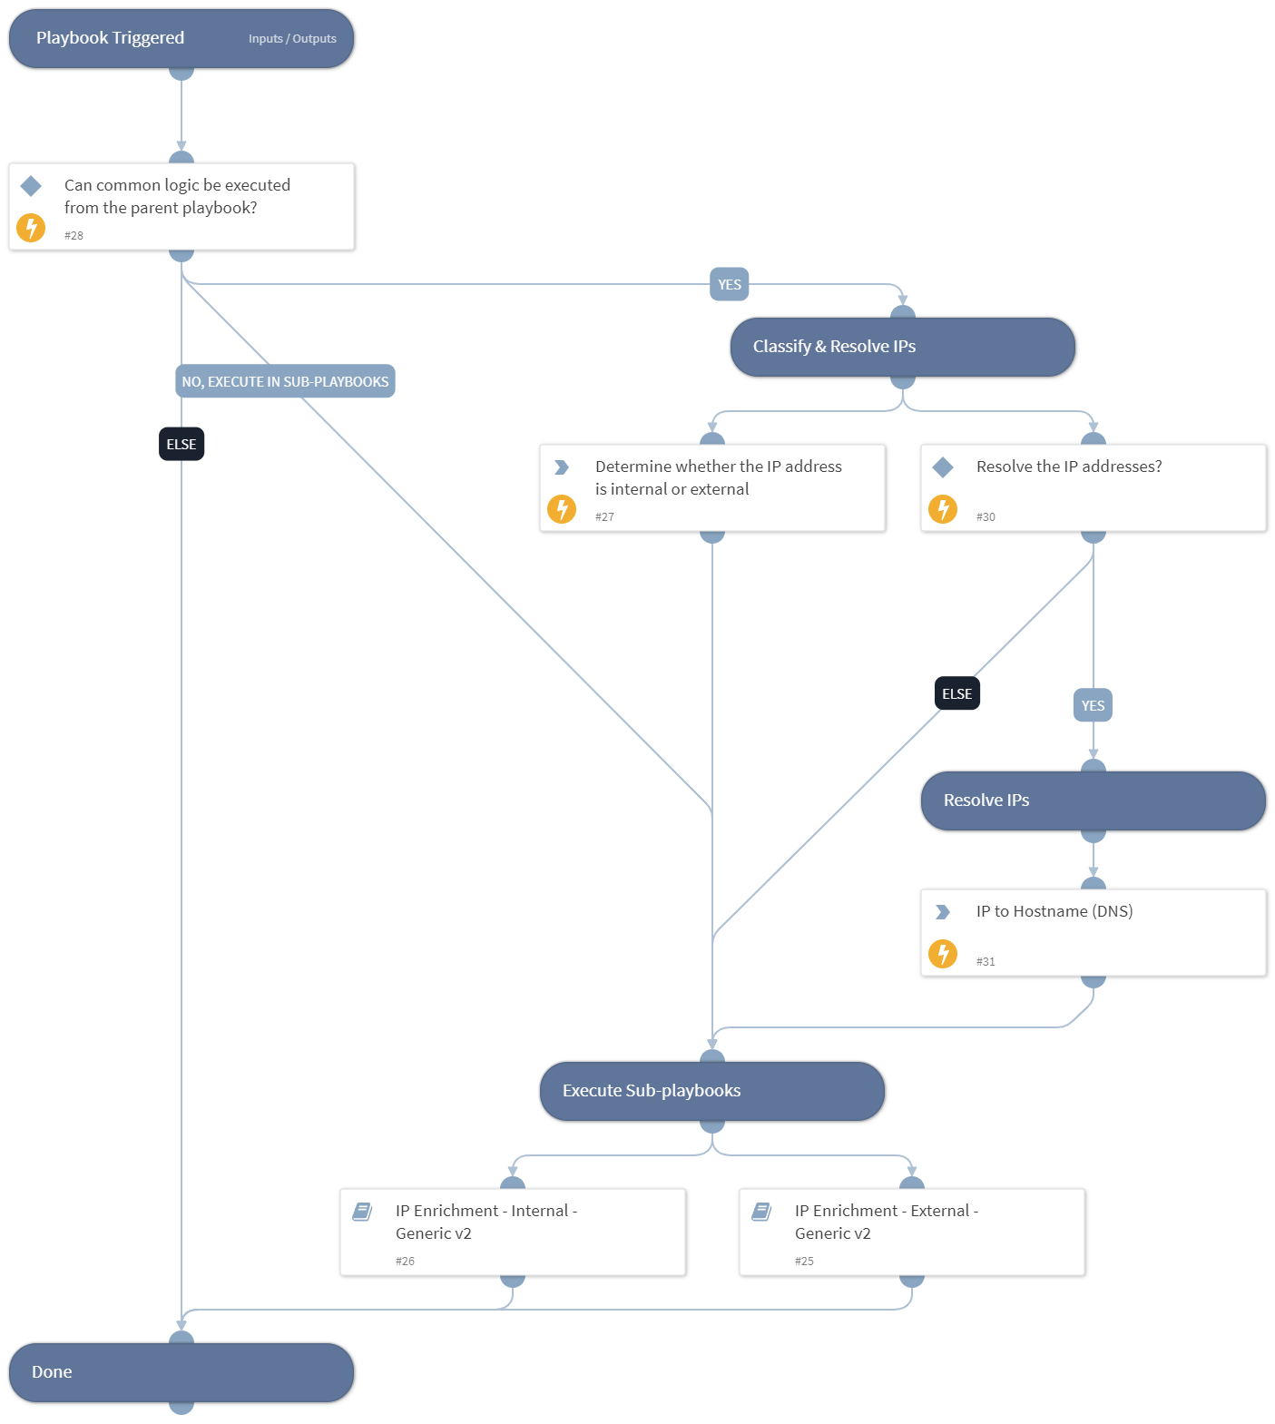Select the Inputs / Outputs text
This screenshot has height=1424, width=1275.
(292, 39)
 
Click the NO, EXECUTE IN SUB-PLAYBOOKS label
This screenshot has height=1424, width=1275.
(285, 381)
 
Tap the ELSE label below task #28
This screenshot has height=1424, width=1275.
(181, 444)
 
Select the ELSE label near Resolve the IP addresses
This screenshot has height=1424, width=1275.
(956, 693)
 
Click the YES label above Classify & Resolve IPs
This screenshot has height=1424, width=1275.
(730, 284)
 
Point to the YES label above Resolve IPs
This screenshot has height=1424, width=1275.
(1093, 705)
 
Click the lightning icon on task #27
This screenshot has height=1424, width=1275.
(562, 509)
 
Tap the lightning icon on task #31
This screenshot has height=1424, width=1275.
(943, 954)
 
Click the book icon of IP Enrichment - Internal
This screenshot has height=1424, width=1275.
(362, 1211)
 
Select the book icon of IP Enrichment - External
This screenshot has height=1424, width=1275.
(761, 1211)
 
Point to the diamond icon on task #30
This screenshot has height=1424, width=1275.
(943, 466)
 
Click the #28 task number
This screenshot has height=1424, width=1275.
(74, 235)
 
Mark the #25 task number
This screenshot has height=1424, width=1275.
(804, 1261)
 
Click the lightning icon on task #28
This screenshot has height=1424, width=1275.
(31, 228)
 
